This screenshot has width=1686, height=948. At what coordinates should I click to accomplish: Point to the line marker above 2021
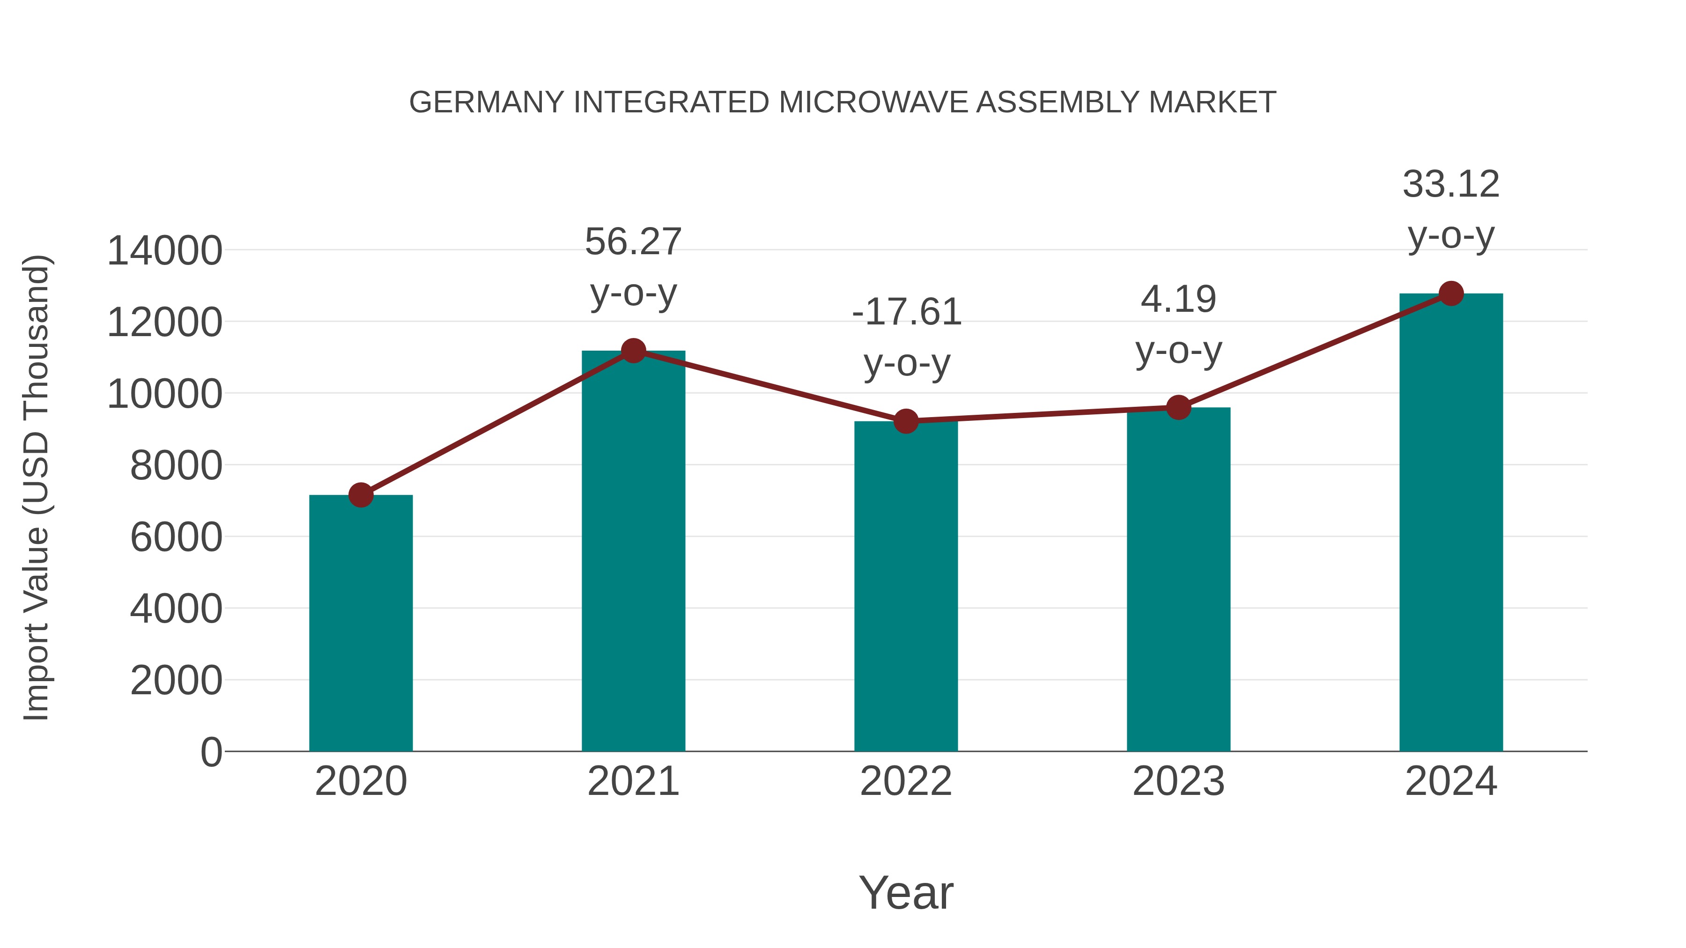click(633, 351)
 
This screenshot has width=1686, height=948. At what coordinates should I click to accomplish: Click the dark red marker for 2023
click(1178, 408)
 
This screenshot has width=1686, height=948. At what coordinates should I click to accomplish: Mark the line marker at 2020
click(361, 495)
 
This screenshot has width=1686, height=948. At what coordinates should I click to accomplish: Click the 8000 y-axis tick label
click(176, 466)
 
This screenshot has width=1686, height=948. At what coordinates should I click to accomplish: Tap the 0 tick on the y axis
click(211, 752)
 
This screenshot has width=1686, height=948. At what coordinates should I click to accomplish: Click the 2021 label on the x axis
click(633, 781)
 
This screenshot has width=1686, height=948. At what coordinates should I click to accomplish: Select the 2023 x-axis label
click(1178, 781)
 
